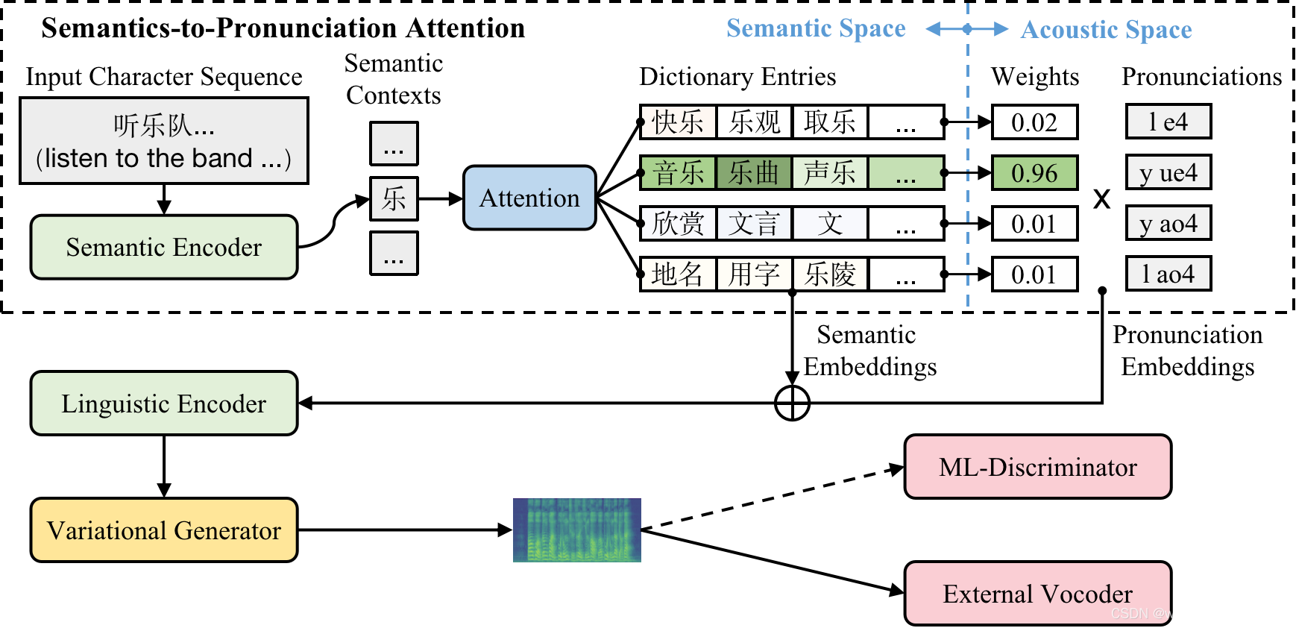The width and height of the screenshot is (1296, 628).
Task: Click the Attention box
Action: tap(529, 198)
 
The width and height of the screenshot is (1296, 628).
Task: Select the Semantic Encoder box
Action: tap(164, 247)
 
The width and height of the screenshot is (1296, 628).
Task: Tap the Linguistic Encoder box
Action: tap(164, 404)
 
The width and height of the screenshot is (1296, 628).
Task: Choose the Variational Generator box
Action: tap(164, 530)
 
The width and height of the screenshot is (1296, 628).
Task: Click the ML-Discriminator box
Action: tap(1037, 467)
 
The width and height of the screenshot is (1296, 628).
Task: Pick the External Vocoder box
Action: tap(1037, 594)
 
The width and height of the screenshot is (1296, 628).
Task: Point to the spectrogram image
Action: tap(576, 530)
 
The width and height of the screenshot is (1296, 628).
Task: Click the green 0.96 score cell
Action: tap(1034, 173)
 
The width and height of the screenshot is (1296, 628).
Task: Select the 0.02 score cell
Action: tap(1034, 122)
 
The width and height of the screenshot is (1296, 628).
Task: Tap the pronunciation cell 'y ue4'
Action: tap(1168, 173)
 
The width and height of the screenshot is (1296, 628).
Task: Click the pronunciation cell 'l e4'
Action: tap(1168, 122)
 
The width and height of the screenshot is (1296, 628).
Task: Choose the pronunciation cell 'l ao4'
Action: tap(1168, 274)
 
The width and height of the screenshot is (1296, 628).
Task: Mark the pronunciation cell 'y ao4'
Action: tap(1168, 223)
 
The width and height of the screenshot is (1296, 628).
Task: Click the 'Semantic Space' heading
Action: tap(816, 28)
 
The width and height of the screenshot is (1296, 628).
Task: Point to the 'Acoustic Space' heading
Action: tap(1106, 30)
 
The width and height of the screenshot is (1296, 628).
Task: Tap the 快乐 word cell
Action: tap(678, 122)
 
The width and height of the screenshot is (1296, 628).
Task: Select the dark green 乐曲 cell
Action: tap(754, 173)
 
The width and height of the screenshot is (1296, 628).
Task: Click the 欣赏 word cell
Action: tap(678, 224)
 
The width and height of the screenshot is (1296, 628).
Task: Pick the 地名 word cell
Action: tap(678, 274)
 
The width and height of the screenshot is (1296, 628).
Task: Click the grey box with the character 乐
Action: tap(394, 199)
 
